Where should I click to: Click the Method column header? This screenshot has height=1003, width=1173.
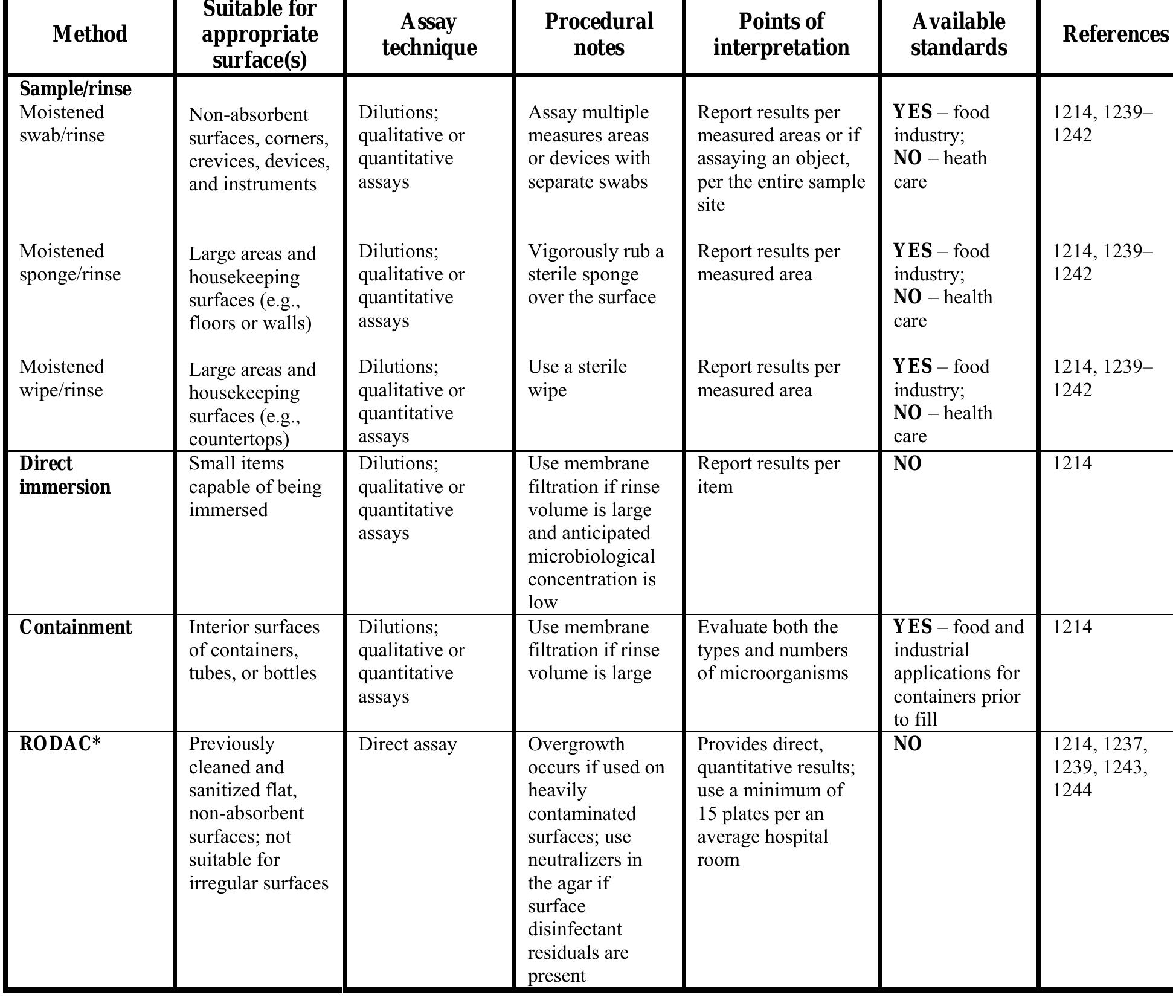point(90,34)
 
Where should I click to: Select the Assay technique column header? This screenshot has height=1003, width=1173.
point(429,34)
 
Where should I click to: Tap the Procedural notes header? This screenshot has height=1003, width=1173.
point(599,34)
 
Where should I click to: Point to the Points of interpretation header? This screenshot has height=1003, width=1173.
point(781,34)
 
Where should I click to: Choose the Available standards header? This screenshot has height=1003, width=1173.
point(959,34)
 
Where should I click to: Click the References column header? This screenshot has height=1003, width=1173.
point(1115,34)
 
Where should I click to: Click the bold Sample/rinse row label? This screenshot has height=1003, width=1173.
point(76,89)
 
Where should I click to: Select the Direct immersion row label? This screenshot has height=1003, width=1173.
point(65,475)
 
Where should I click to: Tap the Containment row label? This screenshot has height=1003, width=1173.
point(76,628)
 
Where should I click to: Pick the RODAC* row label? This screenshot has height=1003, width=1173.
point(60,744)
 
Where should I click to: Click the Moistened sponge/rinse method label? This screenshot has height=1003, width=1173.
point(70,263)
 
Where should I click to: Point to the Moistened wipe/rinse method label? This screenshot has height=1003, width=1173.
point(62,378)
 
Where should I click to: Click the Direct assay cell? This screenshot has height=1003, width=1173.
point(407,744)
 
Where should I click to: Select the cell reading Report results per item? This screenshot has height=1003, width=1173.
point(768,475)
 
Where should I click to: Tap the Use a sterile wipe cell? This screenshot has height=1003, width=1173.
point(577,378)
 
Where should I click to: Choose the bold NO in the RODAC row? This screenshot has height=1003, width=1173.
point(907,744)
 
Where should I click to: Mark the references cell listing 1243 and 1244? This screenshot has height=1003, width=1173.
point(1099,767)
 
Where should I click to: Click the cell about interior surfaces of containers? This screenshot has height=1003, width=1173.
point(254,650)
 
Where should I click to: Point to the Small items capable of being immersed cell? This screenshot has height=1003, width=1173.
point(255,486)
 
